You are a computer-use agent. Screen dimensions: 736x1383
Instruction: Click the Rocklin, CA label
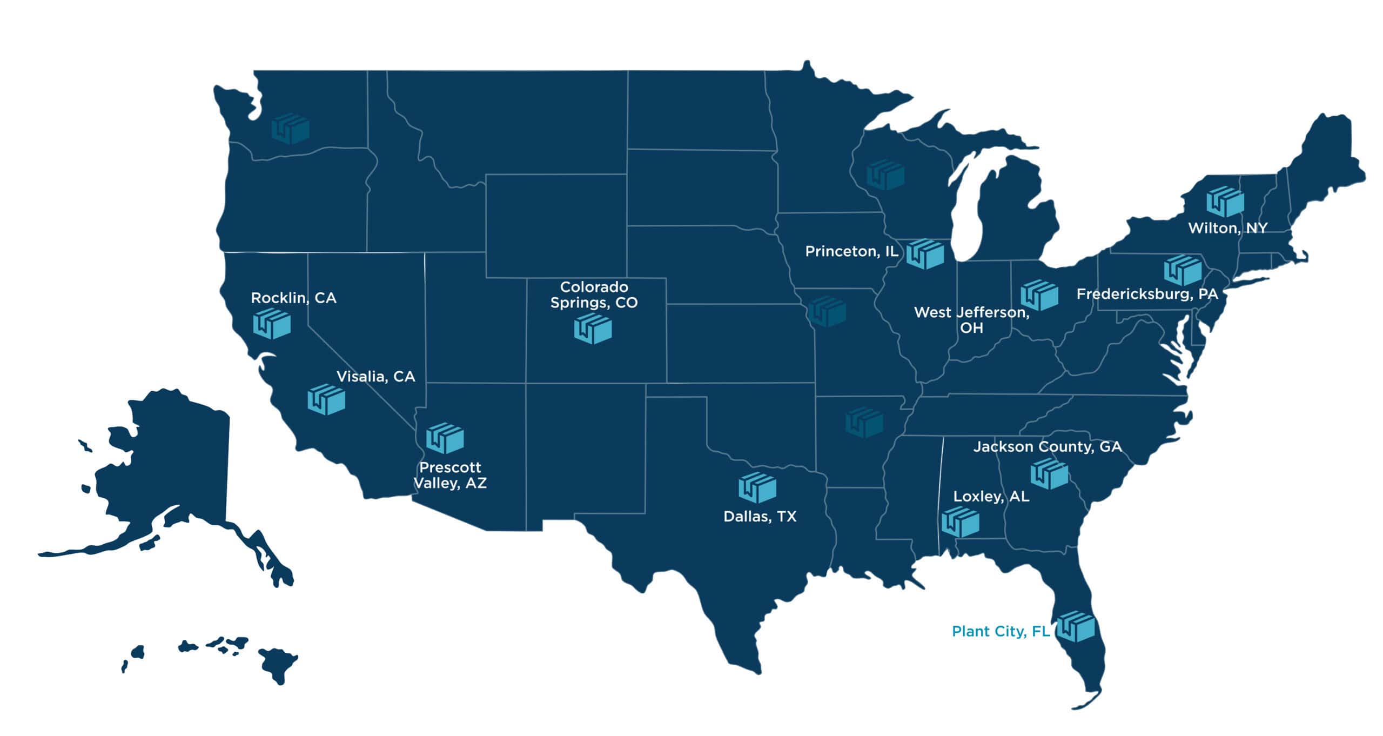(x=293, y=298)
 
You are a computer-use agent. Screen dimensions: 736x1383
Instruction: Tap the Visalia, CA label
(x=375, y=377)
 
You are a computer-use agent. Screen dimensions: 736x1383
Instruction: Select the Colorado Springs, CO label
(x=594, y=295)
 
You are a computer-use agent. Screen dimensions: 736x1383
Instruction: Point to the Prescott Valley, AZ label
(x=450, y=475)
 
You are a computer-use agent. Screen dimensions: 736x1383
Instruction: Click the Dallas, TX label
(x=760, y=517)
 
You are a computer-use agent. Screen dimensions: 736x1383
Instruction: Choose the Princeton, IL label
(x=851, y=251)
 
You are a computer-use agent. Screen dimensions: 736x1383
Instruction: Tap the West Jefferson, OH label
(x=971, y=320)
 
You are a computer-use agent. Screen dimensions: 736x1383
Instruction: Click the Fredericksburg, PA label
(x=1147, y=294)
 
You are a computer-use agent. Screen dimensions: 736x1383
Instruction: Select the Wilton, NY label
(x=1227, y=228)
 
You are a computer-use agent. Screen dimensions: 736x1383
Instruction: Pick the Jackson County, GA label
(x=1048, y=447)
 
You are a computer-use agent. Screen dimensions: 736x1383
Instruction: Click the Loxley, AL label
(x=991, y=497)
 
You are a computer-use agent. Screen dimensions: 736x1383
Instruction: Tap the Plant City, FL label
(x=1001, y=631)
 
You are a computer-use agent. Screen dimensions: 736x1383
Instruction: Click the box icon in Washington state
(x=291, y=129)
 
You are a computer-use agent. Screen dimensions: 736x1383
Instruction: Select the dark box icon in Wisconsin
(x=885, y=175)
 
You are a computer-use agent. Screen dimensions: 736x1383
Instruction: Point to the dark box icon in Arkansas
(x=864, y=422)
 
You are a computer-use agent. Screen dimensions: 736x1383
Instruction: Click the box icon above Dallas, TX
(x=757, y=487)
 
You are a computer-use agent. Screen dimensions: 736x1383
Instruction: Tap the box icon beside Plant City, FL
(x=1076, y=627)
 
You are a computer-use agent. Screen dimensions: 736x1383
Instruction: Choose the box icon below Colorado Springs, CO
(x=593, y=329)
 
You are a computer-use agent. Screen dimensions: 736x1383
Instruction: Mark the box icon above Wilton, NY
(x=1225, y=202)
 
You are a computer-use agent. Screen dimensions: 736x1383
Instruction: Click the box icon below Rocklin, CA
(x=272, y=324)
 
